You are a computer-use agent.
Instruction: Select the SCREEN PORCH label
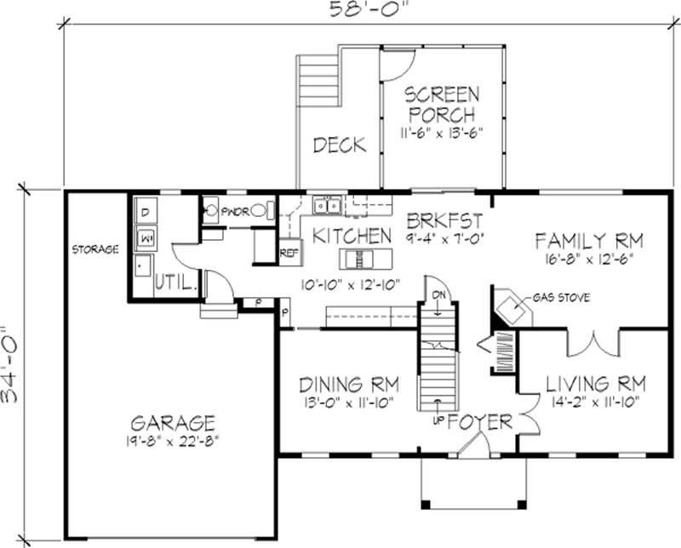(x=441, y=104)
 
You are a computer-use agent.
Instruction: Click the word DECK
(x=338, y=145)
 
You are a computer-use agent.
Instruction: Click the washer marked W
(x=145, y=237)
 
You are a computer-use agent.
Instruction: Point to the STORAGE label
(x=94, y=249)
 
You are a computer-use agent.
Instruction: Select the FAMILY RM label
(x=588, y=239)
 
